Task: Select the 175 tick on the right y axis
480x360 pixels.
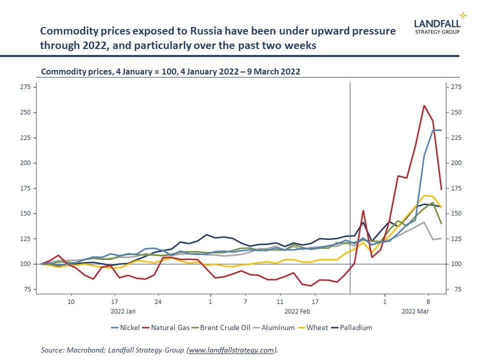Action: (x=456, y=188)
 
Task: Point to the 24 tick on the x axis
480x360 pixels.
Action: (x=158, y=302)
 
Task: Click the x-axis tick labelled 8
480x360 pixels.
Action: (x=428, y=302)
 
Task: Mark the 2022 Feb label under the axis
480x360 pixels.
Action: (x=297, y=311)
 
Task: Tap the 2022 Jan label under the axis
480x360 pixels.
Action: (x=123, y=311)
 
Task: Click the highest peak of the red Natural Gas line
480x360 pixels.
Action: (x=424, y=105)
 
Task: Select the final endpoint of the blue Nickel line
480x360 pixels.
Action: (x=441, y=130)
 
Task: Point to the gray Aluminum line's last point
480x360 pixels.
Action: (x=441, y=238)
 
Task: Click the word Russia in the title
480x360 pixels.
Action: (x=205, y=31)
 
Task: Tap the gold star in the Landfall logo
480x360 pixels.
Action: (x=463, y=15)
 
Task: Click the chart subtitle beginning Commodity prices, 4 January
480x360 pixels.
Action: (x=170, y=71)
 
